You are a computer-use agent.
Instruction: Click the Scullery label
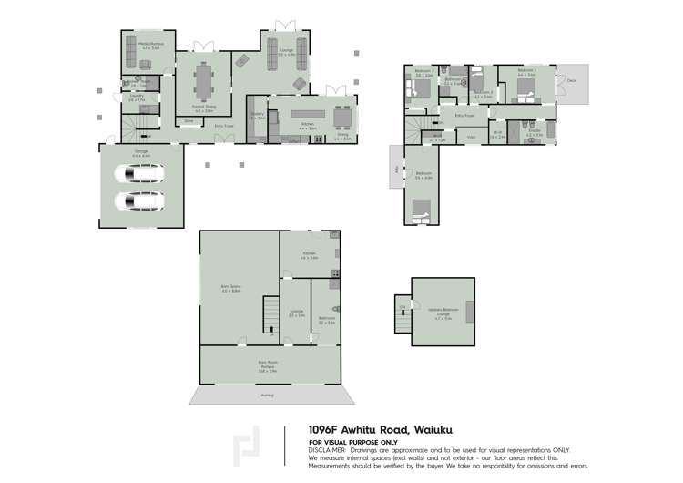click(257, 116)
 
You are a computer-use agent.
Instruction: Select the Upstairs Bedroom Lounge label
click(443, 313)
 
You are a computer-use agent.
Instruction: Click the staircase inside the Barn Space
click(269, 315)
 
